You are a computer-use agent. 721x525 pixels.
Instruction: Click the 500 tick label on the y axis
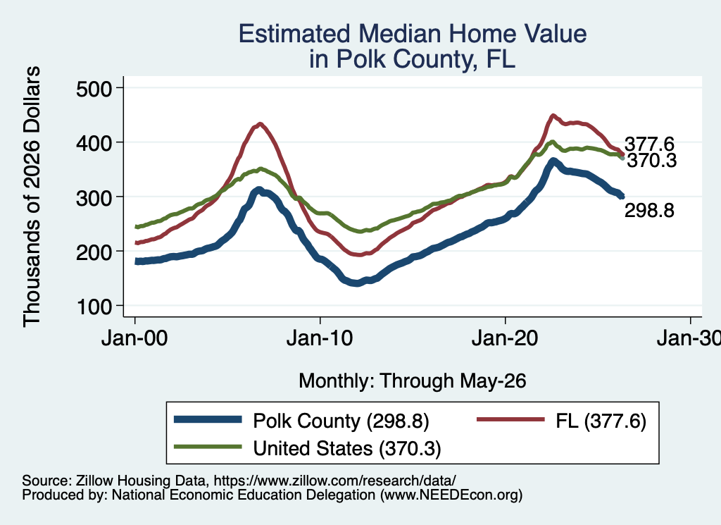click(x=94, y=88)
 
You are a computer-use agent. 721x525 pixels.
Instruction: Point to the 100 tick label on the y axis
click(x=94, y=307)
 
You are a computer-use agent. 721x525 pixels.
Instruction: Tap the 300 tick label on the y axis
click(x=94, y=197)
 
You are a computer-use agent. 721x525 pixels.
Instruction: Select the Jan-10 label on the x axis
click(x=320, y=339)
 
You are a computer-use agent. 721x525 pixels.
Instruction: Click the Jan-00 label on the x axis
click(x=134, y=339)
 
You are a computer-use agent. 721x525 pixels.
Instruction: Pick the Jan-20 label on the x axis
click(x=505, y=339)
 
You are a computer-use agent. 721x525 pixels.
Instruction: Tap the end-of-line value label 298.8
click(x=649, y=210)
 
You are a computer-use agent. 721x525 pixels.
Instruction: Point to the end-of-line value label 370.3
click(x=652, y=161)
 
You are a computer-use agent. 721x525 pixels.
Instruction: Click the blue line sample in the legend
click(x=208, y=419)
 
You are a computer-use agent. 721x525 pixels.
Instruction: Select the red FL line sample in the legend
click(x=510, y=419)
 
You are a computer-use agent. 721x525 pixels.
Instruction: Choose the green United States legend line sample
click(x=208, y=447)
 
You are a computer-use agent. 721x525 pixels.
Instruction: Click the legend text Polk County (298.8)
click(x=341, y=421)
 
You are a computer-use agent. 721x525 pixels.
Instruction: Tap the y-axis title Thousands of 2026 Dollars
click(x=32, y=197)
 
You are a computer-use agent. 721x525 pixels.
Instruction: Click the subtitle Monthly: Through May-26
click(x=413, y=381)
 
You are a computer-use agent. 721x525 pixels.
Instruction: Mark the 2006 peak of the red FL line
click(x=261, y=124)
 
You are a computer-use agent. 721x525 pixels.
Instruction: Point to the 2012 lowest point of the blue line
click(x=356, y=283)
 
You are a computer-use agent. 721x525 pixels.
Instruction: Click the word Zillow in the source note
click(x=94, y=481)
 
